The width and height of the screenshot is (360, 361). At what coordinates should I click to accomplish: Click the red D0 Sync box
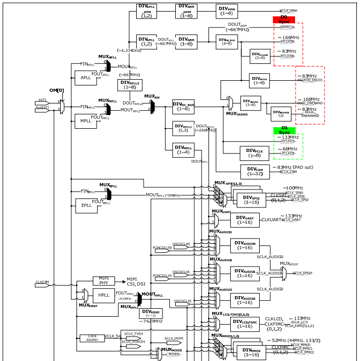(283, 20)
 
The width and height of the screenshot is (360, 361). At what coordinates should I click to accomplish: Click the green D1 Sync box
(284, 130)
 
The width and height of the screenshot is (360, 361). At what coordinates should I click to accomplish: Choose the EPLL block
(86, 205)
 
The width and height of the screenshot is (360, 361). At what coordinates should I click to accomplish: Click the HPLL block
(103, 296)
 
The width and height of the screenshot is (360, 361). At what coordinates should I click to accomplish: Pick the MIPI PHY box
(103, 281)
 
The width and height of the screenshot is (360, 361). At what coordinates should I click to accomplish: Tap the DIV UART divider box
(244, 220)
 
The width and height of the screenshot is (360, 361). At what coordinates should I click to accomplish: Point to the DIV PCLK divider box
(254, 153)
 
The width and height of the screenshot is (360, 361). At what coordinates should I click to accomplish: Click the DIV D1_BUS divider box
(183, 106)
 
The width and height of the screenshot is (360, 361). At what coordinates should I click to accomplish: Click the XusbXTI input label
(43, 108)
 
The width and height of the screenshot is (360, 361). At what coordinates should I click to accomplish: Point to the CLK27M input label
(42, 282)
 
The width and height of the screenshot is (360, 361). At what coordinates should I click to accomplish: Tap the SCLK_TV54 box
(134, 334)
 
